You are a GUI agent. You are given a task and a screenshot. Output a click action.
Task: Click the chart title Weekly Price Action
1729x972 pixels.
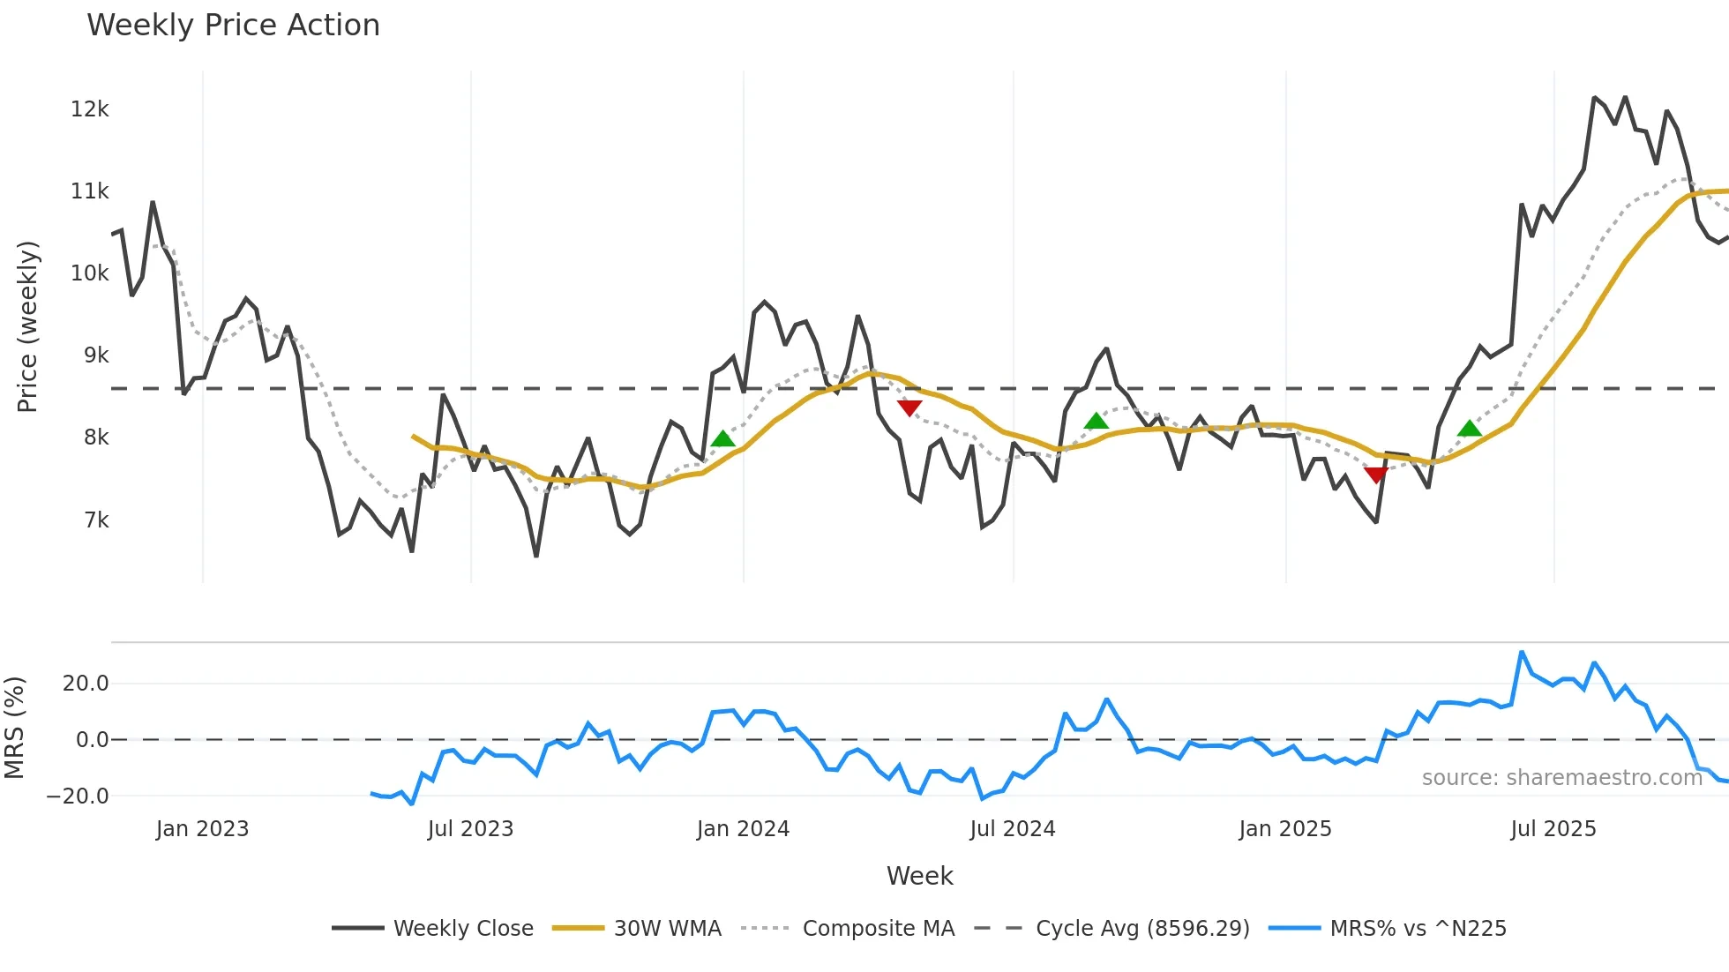tap(233, 26)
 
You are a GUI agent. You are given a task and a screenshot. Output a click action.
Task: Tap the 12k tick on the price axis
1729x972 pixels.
tap(89, 109)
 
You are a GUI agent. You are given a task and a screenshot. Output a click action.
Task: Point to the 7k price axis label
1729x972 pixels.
tap(96, 520)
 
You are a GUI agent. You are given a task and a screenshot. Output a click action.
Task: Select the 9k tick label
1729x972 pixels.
tap(96, 355)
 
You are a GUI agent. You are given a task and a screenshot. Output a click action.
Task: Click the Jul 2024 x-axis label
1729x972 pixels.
tap(1012, 829)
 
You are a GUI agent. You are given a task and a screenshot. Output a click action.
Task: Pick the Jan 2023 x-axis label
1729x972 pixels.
tap(202, 829)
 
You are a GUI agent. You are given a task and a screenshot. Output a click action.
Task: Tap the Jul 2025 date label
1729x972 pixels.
tap(1553, 829)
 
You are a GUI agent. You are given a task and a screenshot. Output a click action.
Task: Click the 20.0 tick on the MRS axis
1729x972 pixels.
tap(86, 684)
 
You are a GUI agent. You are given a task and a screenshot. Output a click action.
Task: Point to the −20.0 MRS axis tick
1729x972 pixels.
tap(78, 796)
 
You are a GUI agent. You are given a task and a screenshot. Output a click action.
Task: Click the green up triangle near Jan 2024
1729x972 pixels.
tap(722, 439)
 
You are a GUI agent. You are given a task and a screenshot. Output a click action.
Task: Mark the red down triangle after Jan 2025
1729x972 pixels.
tap(1375, 475)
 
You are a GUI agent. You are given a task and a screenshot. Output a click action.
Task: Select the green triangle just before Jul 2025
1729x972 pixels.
tap(1469, 429)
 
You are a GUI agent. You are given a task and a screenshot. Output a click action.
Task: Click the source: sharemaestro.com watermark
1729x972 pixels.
tap(1561, 778)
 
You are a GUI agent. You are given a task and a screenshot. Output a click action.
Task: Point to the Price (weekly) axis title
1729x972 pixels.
tap(28, 326)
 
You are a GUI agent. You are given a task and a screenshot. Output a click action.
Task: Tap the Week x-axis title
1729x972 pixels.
tap(919, 876)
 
